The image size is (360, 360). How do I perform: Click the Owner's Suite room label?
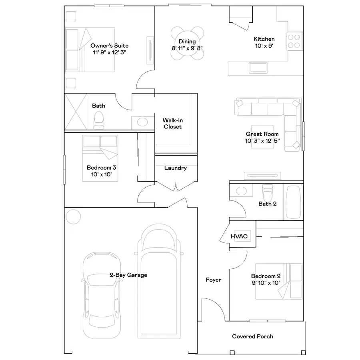click(109, 46)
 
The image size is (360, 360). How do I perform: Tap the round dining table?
click(187, 43)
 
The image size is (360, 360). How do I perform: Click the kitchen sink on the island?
click(261, 68)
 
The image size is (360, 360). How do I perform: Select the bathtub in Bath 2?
click(293, 202)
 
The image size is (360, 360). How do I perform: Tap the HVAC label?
click(239, 236)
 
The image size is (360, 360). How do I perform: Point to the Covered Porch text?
click(252, 336)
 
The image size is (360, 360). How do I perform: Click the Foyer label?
click(213, 280)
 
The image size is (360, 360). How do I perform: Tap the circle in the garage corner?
click(73, 216)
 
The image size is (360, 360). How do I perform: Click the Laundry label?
click(175, 168)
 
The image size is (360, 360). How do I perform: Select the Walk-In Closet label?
click(172, 123)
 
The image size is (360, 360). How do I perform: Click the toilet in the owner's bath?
click(99, 120)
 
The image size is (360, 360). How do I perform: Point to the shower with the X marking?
click(76, 112)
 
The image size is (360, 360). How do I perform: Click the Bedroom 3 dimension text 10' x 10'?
click(101, 175)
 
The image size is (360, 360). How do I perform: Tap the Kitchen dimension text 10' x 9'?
click(264, 46)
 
